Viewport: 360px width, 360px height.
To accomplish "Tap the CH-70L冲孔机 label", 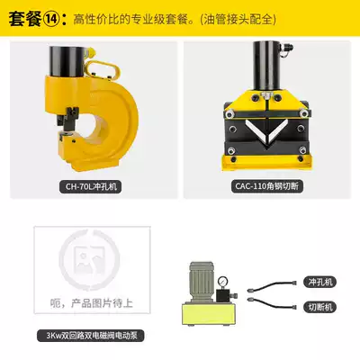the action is [90, 186].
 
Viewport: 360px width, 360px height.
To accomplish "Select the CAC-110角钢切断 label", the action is [267, 186].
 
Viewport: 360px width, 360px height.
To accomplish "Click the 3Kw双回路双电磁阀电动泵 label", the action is [91, 336].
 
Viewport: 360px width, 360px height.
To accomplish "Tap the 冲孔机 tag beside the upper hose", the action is [320, 282].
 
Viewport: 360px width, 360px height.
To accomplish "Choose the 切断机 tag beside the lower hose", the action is [320, 307].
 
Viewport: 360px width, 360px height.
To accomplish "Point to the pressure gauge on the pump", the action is [223, 282].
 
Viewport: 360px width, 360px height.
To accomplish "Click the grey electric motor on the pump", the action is [202, 282].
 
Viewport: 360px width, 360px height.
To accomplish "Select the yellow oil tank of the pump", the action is [209, 314].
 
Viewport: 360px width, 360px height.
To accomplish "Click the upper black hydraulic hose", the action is [272, 285].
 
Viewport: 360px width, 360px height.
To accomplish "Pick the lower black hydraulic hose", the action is [272, 303].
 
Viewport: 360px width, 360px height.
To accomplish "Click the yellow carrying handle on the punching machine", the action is [103, 69].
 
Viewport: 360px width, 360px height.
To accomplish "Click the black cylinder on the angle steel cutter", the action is [266, 66].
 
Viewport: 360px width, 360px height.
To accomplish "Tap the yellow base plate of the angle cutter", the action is [266, 163].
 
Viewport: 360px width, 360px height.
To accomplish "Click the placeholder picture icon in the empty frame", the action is [89, 258].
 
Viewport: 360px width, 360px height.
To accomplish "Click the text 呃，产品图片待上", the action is [91, 303].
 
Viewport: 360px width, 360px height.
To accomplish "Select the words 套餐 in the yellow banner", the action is [25, 19].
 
